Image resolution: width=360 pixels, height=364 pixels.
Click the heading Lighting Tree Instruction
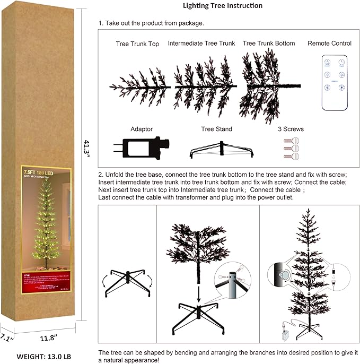(222, 6)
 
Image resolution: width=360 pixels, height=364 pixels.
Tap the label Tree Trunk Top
(137, 44)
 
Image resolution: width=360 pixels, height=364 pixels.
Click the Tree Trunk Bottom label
(268, 44)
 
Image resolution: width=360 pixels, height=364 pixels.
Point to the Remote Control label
(329, 44)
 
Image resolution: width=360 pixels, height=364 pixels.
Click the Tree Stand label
(216, 129)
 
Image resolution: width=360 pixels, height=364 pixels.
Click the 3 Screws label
(291, 129)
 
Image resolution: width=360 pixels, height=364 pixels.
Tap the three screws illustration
(291, 149)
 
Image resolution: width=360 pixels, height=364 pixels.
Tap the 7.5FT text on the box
(29, 172)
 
